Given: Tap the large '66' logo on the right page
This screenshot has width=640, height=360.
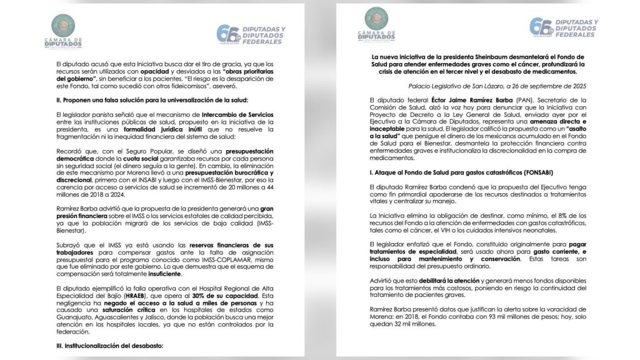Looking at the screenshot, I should coord(539,27).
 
